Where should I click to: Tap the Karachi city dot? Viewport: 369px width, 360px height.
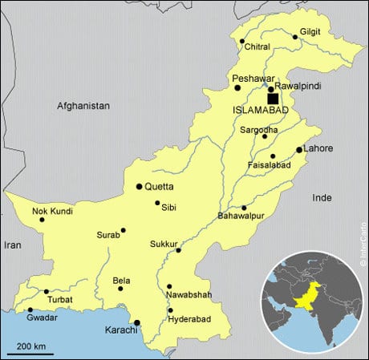tap(137, 323)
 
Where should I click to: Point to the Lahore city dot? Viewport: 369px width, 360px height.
tap(299, 150)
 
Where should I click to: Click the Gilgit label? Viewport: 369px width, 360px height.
tap(310, 31)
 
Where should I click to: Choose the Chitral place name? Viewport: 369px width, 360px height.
tap(257, 48)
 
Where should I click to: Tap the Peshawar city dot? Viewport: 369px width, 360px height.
tap(237, 87)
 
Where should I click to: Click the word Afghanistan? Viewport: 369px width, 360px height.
tap(83, 106)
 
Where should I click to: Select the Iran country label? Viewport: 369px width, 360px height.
tap(13, 245)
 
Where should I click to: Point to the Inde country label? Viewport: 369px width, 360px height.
tap(322, 197)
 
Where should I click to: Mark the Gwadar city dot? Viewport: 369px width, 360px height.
tap(30, 309)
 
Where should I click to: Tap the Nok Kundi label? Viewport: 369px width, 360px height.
tap(52, 211)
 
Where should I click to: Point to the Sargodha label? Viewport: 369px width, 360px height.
tap(259, 129)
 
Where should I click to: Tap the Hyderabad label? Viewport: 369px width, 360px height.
tap(189, 319)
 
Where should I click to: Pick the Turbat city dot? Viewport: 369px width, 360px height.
tap(46, 291)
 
